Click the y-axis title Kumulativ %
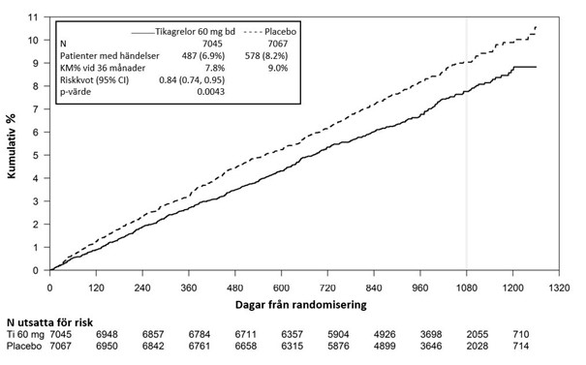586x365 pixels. point(12,146)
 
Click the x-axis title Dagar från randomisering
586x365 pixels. point(301,305)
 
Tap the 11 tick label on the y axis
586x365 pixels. point(34,17)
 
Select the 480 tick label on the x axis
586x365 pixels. point(234,289)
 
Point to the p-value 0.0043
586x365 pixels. point(211,92)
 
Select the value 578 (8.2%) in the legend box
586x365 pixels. point(266,56)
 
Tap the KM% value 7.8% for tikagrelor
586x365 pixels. point(214,68)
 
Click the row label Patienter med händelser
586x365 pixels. point(109,56)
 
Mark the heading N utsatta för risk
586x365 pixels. point(49,322)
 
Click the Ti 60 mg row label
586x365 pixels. point(25,334)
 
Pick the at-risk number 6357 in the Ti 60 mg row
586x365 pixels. point(292,334)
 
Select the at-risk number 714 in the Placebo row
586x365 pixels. point(521,347)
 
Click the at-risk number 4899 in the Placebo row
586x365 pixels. point(385,347)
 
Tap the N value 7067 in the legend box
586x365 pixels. point(278,44)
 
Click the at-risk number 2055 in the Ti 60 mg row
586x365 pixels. point(478,334)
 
